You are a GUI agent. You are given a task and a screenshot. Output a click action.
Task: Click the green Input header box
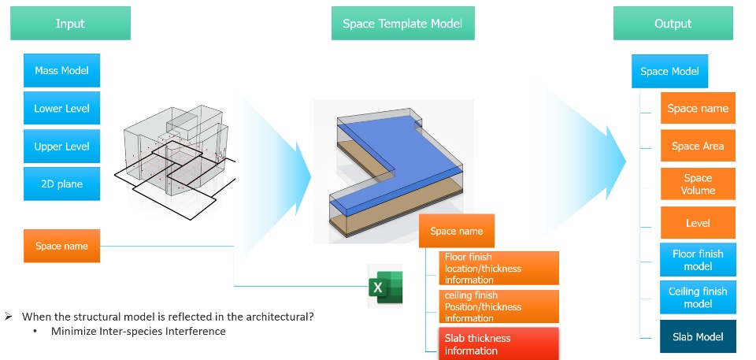pos(70,23)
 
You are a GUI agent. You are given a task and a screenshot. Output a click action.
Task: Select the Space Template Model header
pos(402,23)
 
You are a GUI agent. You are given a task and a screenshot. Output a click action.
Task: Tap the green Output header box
pos(673,23)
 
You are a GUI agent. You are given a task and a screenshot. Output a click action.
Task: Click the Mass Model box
pos(61,70)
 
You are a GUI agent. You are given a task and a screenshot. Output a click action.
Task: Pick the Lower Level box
pos(61,108)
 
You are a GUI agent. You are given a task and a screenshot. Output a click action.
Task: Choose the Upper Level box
pos(61,147)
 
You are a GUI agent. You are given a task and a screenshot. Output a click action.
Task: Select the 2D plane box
pos(61,184)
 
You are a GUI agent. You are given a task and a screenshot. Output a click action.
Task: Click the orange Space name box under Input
pos(61,246)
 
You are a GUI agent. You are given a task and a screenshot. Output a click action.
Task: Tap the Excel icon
pos(385,286)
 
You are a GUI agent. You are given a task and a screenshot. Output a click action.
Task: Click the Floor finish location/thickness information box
pos(498,269)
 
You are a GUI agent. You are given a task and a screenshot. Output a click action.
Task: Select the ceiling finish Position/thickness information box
pos(498,306)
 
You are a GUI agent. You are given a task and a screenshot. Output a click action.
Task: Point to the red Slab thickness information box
pos(498,344)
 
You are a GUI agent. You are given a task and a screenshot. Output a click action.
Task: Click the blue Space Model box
pos(669,72)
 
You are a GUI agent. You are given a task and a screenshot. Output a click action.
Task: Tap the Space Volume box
pos(698,184)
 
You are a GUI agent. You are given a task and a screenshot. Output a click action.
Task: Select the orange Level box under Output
pos(698,222)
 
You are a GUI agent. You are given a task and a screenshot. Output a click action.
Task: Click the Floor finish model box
pos(698,260)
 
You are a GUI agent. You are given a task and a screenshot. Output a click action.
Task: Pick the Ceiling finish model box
pos(698,297)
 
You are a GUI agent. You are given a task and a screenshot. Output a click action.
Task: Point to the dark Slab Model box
pos(698,336)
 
